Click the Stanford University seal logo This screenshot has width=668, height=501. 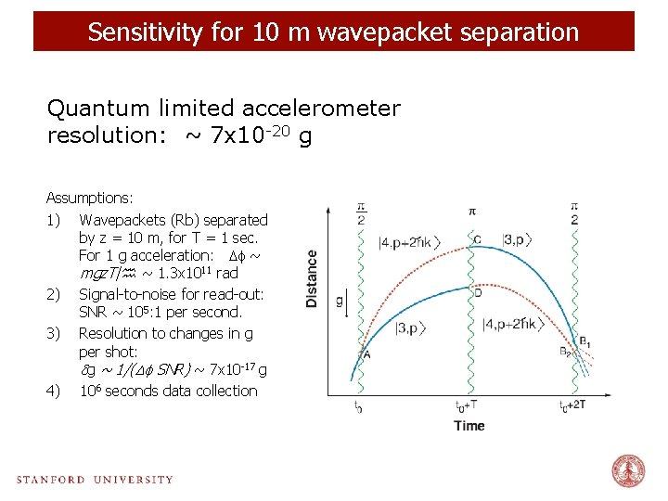point(628,471)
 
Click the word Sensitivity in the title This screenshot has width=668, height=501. point(135,32)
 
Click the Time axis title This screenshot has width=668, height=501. point(469,426)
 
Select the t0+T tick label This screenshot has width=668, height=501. point(468,406)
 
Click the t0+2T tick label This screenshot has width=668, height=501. point(572,406)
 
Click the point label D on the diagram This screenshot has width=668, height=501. point(478,293)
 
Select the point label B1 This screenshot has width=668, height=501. point(584,342)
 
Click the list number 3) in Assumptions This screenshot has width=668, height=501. point(53,332)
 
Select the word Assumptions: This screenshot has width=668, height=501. point(90,199)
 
